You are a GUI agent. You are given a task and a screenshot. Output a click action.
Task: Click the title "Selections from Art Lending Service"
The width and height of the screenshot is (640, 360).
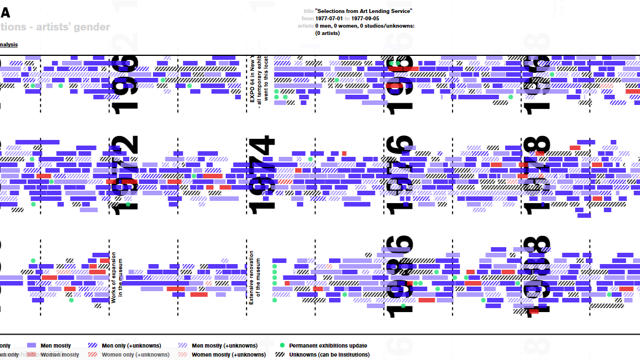363,11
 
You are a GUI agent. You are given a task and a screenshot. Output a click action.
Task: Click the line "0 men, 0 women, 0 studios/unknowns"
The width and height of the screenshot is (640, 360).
365,26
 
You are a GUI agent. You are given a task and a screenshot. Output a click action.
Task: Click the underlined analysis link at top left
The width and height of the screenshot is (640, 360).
8,44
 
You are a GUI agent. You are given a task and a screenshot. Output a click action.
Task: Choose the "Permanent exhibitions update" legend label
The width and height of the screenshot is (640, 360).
328,345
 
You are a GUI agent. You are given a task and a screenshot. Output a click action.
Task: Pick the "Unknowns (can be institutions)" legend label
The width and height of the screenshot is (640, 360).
329,354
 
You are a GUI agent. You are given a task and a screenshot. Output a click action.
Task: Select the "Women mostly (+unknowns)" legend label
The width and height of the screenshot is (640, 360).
229,354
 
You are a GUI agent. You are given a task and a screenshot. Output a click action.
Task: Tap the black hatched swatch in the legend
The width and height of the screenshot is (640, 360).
281,354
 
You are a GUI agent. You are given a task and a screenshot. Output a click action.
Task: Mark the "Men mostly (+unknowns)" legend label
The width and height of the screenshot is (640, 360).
225,345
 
